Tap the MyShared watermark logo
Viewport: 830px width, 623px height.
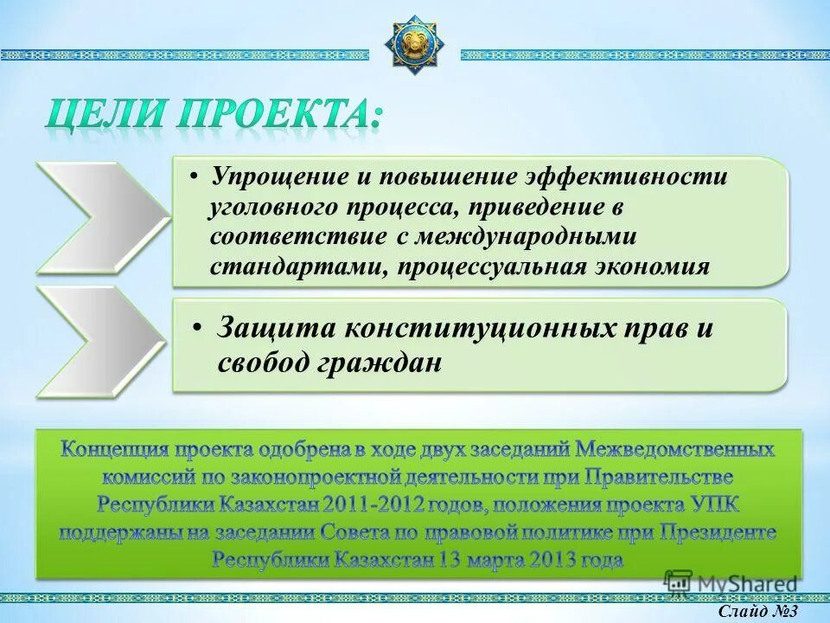[x=731, y=582]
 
